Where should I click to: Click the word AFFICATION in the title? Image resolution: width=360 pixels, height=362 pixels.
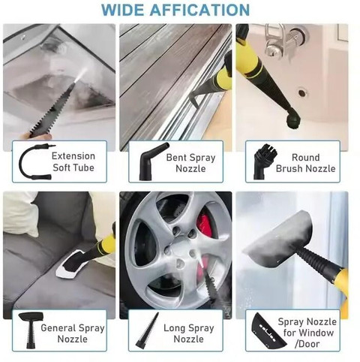[x=199, y=10]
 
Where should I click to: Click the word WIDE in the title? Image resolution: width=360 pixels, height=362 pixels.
[x=123, y=10]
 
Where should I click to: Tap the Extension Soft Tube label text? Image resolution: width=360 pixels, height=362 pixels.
[x=73, y=161]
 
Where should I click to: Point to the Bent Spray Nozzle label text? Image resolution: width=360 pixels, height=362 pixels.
[x=190, y=163]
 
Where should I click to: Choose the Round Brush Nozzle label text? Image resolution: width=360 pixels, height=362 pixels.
[x=306, y=163]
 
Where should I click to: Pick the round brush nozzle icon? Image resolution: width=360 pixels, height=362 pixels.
[x=260, y=161]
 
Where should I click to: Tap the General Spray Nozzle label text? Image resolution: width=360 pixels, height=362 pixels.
[x=73, y=333]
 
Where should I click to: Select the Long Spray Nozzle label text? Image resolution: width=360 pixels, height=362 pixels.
[x=189, y=333]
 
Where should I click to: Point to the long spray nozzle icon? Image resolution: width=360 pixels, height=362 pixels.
[x=148, y=330]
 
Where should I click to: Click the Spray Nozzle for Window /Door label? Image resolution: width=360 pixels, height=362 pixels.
[x=307, y=333]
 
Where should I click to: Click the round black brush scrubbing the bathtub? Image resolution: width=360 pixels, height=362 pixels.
[x=292, y=119]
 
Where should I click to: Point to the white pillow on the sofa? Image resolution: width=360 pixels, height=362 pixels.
[x=20, y=214]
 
